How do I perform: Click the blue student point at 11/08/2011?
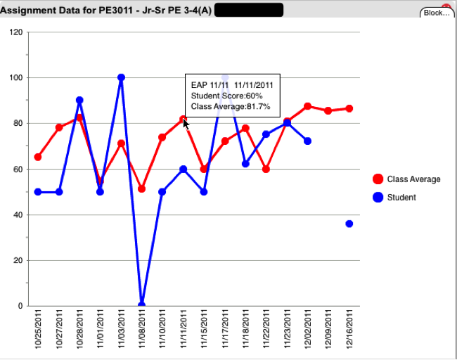(141, 305)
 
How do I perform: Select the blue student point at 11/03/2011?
(121, 77)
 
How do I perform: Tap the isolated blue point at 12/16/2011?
(349, 224)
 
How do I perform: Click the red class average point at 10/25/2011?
(38, 157)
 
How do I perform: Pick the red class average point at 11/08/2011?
(141, 188)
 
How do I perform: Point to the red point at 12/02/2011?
(308, 106)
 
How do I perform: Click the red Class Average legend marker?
(378, 179)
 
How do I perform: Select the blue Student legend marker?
(378, 198)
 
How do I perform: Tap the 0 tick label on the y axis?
(20, 306)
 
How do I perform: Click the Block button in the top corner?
(437, 13)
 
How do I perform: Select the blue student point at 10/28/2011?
(79, 101)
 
